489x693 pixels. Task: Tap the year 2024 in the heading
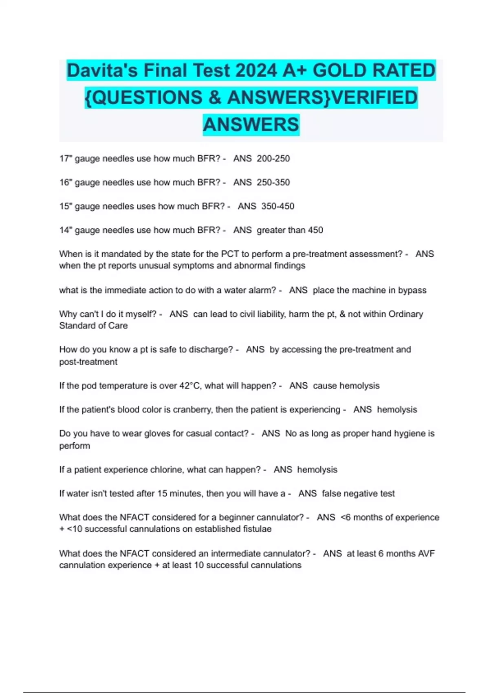[x=256, y=71]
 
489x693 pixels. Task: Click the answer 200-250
[x=273, y=159]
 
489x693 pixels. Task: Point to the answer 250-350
[x=273, y=182]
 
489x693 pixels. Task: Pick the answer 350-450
[x=278, y=206]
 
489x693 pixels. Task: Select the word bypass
[x=412, y=290]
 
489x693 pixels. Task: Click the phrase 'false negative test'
[x=358, y=494]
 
